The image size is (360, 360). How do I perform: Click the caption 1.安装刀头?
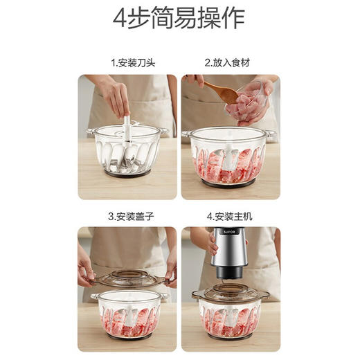click(x=133, y=63)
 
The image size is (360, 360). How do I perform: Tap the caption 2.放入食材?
click(x=226, y=63)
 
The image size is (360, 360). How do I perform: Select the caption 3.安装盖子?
click(x=133, y=217)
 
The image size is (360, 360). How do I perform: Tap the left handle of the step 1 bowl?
click(x=91, y=132)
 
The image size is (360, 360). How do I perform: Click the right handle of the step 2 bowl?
click(x=270, y=133)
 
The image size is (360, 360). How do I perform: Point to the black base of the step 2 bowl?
click(x=228, y=184)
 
